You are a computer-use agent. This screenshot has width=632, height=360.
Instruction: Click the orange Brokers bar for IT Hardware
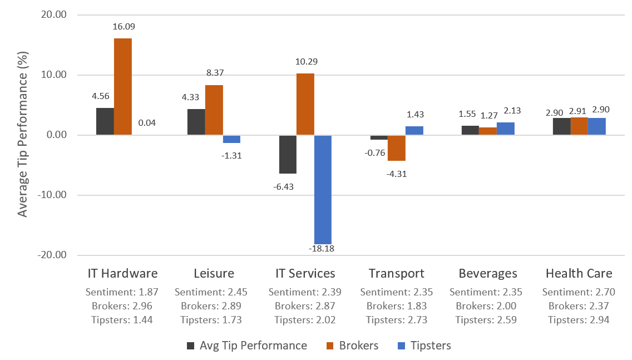pos(123,87)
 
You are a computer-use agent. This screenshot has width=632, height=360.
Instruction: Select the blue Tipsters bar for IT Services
pos(323,189)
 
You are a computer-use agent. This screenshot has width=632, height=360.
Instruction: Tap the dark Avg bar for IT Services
pos(288,154)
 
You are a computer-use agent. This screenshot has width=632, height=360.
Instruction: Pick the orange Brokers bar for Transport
pos(397,148)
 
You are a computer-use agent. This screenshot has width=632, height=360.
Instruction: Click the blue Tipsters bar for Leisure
pos(231,139)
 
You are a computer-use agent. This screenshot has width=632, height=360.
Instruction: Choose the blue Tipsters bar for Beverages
pos(506,129)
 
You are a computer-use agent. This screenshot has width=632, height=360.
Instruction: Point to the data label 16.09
pos(124,26)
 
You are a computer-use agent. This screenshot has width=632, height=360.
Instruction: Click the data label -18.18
pos(323,248)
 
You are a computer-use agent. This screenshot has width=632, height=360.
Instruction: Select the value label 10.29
pos(305,61)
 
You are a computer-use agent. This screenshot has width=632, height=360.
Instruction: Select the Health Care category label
pos(579,273)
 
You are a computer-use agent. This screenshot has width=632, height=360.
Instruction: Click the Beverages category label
pos(488,273)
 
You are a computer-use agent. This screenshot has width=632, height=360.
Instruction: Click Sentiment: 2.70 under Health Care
pos(579,292)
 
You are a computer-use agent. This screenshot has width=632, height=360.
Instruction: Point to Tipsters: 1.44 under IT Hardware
pos(122,319)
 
